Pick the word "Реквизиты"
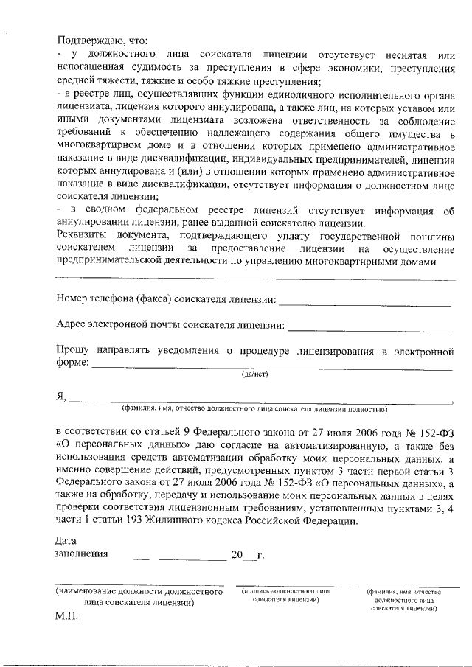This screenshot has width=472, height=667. [x=83, y=237]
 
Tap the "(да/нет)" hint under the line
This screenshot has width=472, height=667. [x=255, y=374]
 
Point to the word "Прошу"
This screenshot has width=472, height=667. [x=72, y=352]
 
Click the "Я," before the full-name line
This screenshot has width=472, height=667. [x=61, y=397]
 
